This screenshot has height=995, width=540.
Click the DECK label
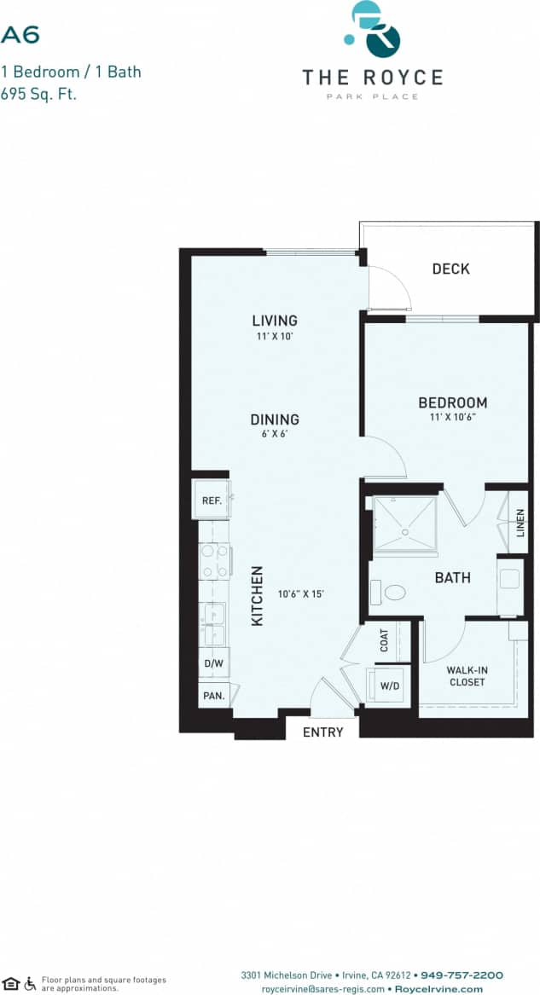pos(450,269)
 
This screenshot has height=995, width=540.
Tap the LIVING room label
pos(275,321)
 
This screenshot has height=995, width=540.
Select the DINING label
pos(275,419)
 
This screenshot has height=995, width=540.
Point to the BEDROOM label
pos(452,402)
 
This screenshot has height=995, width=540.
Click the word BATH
pos(452,578)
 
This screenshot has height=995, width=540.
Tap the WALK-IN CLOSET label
pos(467,676)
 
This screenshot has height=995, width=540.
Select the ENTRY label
pos(323,732)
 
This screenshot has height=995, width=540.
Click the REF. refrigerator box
pos(212,500)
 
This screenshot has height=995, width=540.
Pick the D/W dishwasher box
pos(212,662)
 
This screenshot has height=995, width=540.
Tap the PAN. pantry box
pos(213,696)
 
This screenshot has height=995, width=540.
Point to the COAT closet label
pos(384,640)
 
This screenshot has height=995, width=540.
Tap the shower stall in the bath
pos(405,524)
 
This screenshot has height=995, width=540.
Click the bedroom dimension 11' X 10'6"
pos(452,418)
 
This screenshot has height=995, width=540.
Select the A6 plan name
pos(20,35)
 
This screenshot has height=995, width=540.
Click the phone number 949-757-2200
pos(462,975)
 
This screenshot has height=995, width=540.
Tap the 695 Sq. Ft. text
pos(38,94)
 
